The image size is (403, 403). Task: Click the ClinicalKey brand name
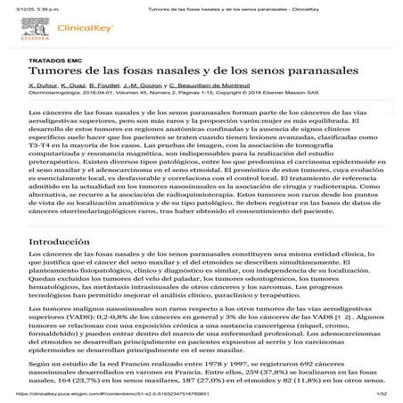click(78, 29)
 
